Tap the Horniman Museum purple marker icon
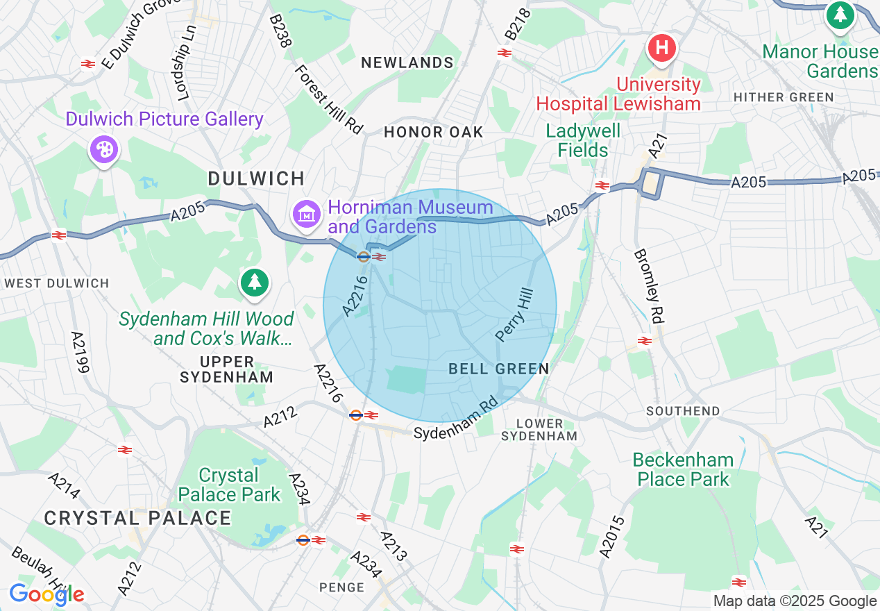coord(305,213)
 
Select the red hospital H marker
coord(661,49)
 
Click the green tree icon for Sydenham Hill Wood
coord(255,283)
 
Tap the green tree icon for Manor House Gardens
coord(840,14)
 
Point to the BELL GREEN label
coord(499,369)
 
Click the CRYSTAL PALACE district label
coord(137,518)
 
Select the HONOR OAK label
coord(433,132)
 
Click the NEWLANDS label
coord(407,62)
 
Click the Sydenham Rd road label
coord(456,419)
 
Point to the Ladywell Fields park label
coord(582,140)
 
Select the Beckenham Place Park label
coord(684,469)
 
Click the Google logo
coord(46,594)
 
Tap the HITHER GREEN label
coord(784,97)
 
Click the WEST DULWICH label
coord(56,283)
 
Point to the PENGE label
coord(341,587)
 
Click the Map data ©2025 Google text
coord(795,601)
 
